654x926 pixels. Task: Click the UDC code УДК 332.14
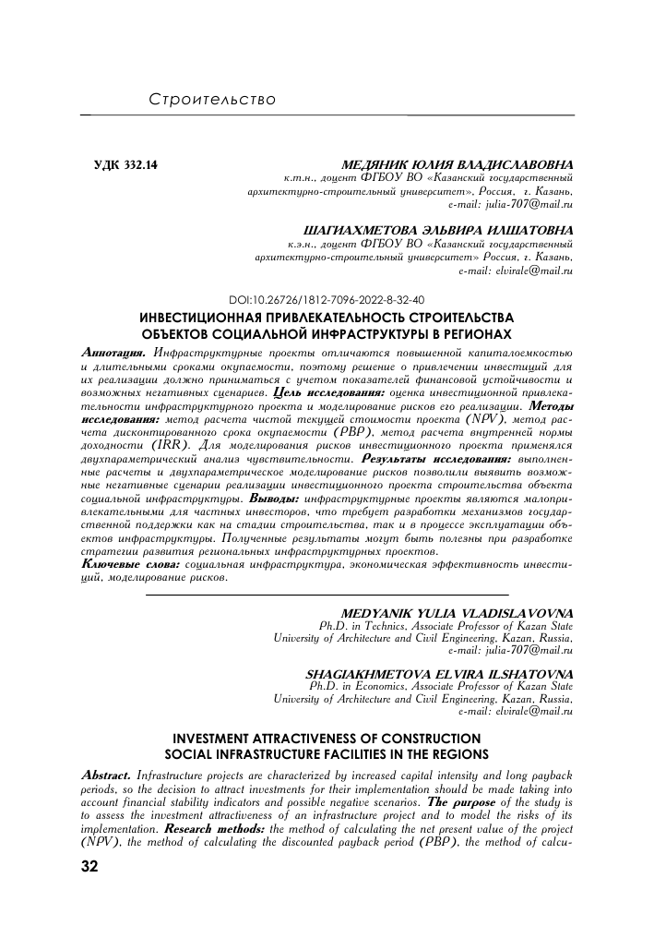126,166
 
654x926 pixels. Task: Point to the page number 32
94,867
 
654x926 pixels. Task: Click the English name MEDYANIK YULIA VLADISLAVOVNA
458,612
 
